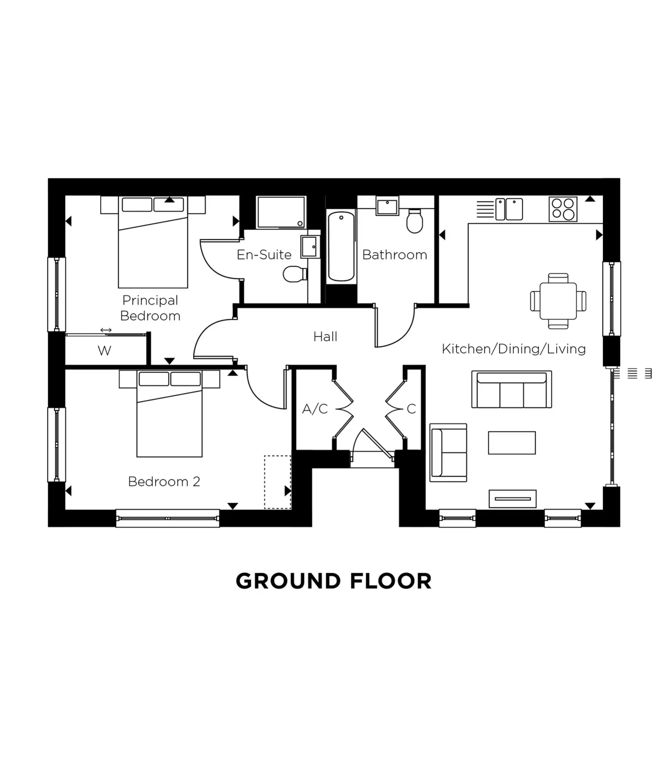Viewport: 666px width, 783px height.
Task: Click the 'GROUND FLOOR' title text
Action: click(333, 581)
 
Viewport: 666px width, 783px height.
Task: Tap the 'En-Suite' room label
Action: click(264, 255)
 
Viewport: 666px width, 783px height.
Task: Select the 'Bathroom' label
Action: click(394, 255)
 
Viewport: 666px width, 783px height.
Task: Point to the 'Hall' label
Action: click(325, 336)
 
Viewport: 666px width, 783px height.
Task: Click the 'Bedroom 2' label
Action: click(164, 481)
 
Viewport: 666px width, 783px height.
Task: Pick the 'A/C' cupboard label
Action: click(315, 409)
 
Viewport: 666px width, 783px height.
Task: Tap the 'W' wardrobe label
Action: click(104, 350)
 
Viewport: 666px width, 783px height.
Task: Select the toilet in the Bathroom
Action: click(414, 221)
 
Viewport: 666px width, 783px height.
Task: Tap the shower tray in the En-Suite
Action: click(281, 212)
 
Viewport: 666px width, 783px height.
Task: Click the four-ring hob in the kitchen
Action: click(563, 209)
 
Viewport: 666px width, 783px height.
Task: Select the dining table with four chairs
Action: click(558, 301)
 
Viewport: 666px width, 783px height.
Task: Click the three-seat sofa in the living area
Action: click(511, 390)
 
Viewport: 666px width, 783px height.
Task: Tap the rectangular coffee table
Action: click(511, 443)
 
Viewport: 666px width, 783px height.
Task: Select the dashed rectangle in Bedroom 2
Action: click(277, 482)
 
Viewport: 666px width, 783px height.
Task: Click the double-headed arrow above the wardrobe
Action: click(106, 330)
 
